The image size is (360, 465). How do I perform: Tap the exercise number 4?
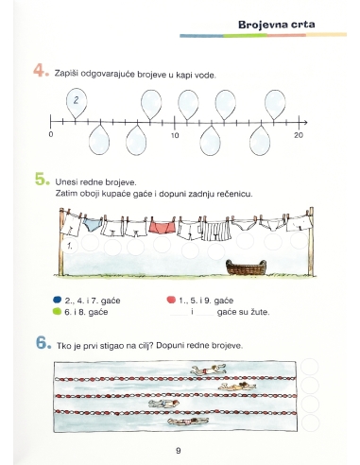[x=41, y=71]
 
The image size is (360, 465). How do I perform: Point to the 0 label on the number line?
[x=52, y=135]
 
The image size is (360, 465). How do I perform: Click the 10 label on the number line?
[x=175, y=135]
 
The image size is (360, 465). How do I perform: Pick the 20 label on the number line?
[x=299, y=135]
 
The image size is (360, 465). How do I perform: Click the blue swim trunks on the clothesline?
[x=93, y=227]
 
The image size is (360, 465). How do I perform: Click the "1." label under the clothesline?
[x=70, y=245]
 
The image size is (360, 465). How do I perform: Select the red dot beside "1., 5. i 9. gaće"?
[x=171, y=300]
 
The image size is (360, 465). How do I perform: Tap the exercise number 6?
[x=41, y=344]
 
